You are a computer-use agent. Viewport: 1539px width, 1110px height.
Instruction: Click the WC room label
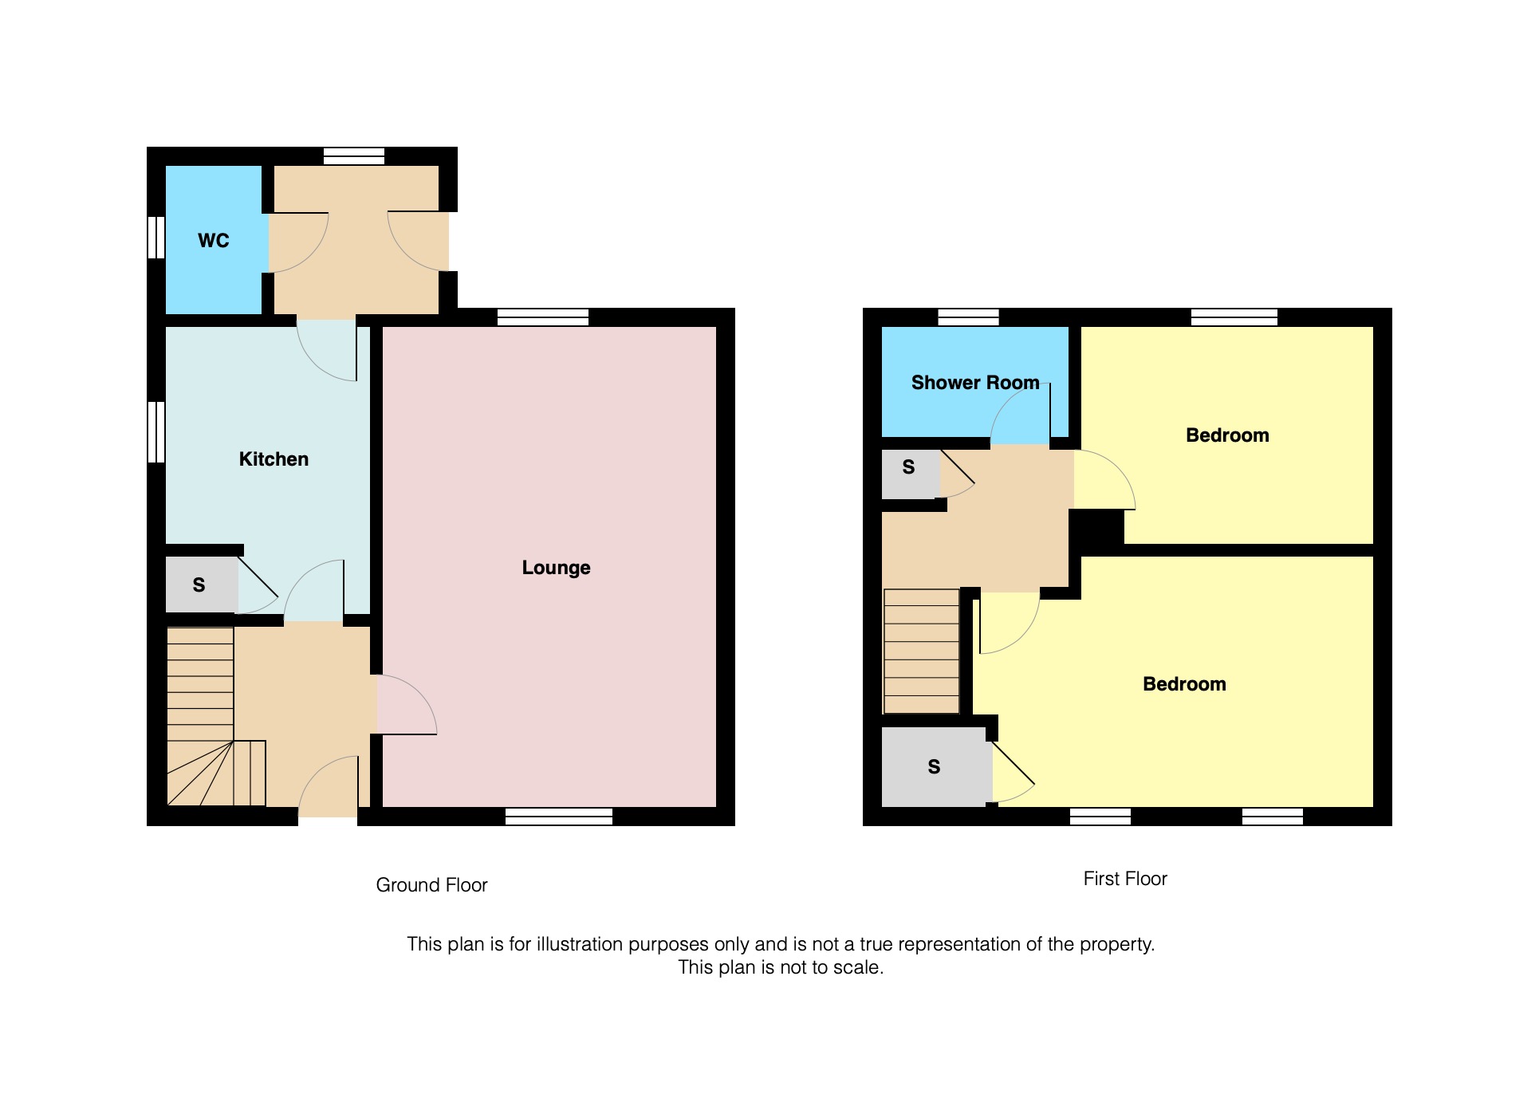click(213, 240)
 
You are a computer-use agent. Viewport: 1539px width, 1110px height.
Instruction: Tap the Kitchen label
click(274, 459)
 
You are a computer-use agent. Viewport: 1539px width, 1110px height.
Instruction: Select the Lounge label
click(556, 568)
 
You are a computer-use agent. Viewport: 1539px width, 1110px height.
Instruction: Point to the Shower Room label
click(975, 383)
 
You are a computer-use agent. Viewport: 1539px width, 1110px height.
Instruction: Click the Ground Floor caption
click(431, 885)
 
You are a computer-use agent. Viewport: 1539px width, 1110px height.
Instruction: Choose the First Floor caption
click(1125, 879)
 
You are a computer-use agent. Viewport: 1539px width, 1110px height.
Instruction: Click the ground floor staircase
click(215, 716)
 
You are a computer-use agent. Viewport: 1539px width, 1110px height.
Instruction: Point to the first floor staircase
click(921, 651)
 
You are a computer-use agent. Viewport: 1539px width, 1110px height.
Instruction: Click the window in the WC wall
click(156, 238)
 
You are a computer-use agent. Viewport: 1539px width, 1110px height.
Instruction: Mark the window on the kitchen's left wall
click(156, 431)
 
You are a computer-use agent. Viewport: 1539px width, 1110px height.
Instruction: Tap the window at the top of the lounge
click(543, 317)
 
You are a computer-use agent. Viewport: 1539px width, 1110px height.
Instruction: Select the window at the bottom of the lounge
click(559, 816)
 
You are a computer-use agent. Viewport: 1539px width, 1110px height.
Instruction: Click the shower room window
click(968, 317)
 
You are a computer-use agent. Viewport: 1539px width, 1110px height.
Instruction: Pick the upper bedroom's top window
click(1234, 317)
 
